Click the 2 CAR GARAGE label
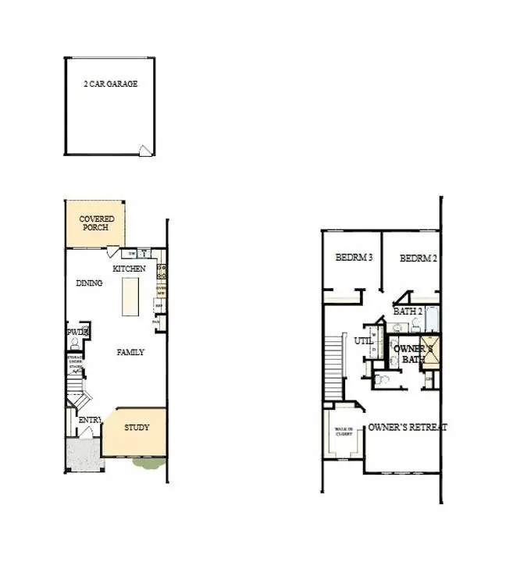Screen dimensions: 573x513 (x=110, y=84)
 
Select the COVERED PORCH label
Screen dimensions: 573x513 (x=98, y=223)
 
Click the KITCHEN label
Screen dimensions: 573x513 (x=129, y=269)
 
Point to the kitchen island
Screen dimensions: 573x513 (x=130, y=296)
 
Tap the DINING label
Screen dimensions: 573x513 (x=89, y=283)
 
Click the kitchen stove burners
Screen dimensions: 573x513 (x=162, y=271)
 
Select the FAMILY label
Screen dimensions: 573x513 (x=130, y=352)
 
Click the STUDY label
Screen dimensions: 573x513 (x=137, y=428)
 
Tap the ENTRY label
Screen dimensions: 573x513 (x=90, y=421)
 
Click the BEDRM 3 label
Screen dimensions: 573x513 (x=354, y=258)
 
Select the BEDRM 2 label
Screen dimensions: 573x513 (x=418, y=258)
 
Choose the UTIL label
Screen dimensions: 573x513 (x=363, y=341)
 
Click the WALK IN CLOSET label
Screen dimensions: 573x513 (x=344, y=433)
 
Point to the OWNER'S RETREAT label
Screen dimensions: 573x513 (x=408, y=427)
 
